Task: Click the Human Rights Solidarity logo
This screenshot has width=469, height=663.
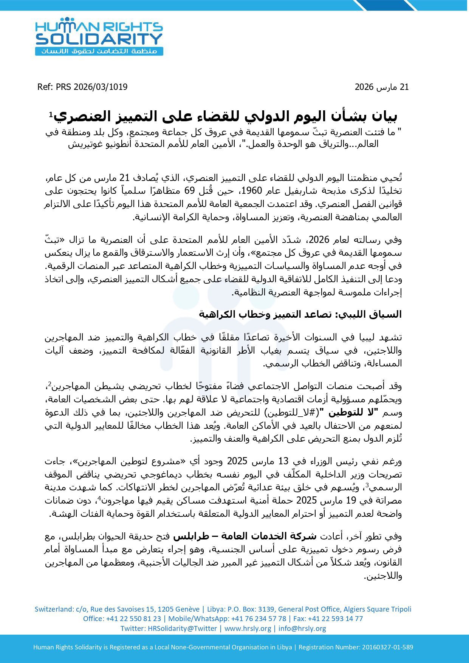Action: click(x=99, y=37)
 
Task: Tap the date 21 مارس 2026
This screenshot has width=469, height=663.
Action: click(x=382, y=87)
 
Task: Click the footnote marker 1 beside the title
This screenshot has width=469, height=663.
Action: click(x=50, y=114)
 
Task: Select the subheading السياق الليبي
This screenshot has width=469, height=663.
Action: click(x=300, y=314)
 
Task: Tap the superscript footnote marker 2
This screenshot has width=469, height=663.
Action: click(x=50, y=384)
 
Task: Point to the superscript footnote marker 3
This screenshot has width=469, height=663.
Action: click(x=367, y=485)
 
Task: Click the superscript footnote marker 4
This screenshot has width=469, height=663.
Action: click(x=99, y=498)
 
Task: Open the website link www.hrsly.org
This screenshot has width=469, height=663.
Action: click(x=248, y=629)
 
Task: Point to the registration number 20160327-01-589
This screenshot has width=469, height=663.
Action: click(x=387, y=647)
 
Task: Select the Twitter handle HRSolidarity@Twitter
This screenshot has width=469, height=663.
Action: click(x=182, y=629)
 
